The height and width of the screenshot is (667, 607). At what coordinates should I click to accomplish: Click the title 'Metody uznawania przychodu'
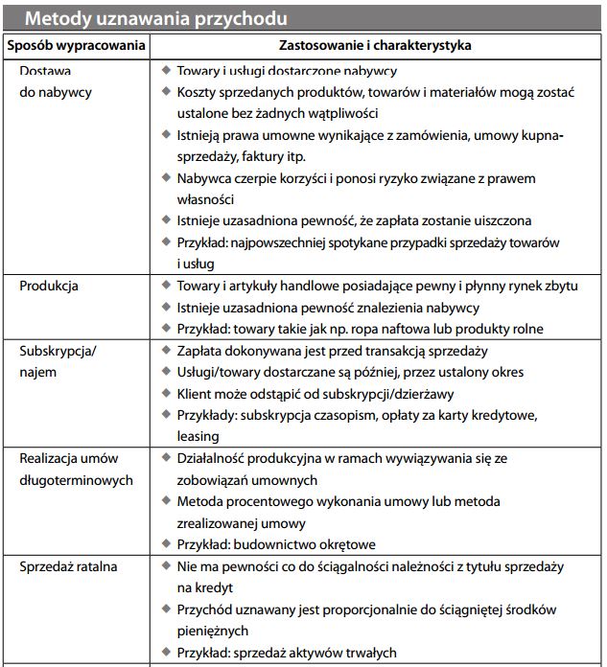[157, 18]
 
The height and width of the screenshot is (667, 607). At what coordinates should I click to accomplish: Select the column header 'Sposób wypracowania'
[76, 45]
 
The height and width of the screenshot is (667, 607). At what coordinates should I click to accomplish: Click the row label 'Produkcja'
[49, 287]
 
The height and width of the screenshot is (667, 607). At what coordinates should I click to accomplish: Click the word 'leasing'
[198, 437]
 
